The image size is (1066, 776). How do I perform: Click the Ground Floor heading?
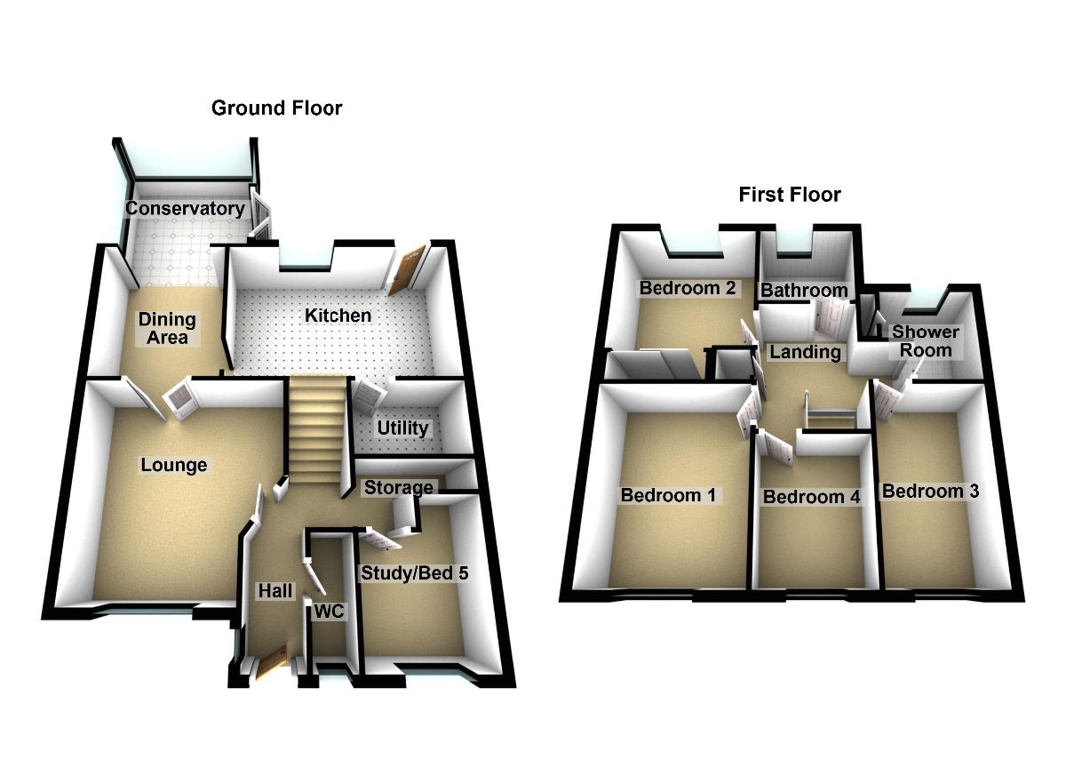pyautogui.click(x=276, y=108)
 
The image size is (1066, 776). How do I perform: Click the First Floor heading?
pyautogui.click(x=790, y=195)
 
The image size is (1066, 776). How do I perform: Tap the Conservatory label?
pyautogui.click(x=185, y=209)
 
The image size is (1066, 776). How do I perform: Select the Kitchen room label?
pyautogui.click(x=338, y=316)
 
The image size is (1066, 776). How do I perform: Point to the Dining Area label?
pyautogui.click(x=166, y=328)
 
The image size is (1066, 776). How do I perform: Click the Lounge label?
pyautogui.click(x=173, y=465)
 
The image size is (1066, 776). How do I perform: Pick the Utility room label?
pyautogui.click(x=402, y=428)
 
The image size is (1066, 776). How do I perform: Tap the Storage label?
pyautogui.click(x=399, y=487)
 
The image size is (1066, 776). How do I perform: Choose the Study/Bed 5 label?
pyautogui.click(x=414, y=573)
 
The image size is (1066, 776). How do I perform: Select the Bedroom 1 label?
pyautogui.click(x=669, y=495)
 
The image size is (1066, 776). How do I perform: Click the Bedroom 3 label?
pyautogui.click(x=929, y=491)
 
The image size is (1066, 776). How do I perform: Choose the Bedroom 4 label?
pyautogui.click(x=812, y=497)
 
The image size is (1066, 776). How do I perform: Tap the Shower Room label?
pyautogui.click(x=926, y=340)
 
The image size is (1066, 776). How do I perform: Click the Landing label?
pyautogui.click(x=805, y=352)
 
